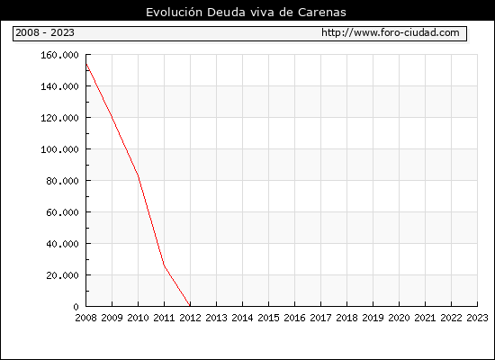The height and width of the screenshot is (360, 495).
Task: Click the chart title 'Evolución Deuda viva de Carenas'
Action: [x=246, y=13]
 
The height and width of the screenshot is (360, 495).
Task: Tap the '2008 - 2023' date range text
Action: [x=45, y=32]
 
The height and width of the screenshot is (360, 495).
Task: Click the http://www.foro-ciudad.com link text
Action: [x=391, y=32]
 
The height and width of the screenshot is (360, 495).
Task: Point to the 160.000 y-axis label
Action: [x=59, y=55]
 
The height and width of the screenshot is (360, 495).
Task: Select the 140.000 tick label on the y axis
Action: [x=59, y=86]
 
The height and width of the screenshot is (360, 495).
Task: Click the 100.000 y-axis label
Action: [x=59, y=149]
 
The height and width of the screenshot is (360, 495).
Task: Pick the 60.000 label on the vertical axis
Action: [x=62, y=212]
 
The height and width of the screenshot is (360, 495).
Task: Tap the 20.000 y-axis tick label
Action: [x=62, y=275]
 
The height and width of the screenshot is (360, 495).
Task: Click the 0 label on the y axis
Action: [x=76, y=307]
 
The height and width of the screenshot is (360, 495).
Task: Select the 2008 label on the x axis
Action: [x=85, y=318]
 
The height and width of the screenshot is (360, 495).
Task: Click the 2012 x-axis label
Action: [x=190, y=318]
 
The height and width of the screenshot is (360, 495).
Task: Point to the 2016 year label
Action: [x=294, y=318]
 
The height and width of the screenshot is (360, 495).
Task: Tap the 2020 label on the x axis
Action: [x=399, y=318]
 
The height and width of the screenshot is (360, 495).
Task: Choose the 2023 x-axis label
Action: [x=477, y=318]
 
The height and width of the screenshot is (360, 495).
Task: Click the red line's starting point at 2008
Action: [x=86, y=64]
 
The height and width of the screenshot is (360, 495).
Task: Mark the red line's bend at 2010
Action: [x=139, y=175]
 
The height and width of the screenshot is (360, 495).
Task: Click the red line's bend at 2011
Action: [x=164, y=265]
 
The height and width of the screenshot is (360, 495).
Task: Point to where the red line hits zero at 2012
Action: [x=190, y=306]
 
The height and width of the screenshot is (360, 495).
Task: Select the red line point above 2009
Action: [x=112, y=118]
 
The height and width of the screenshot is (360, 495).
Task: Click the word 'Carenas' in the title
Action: [x=322, y=13]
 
